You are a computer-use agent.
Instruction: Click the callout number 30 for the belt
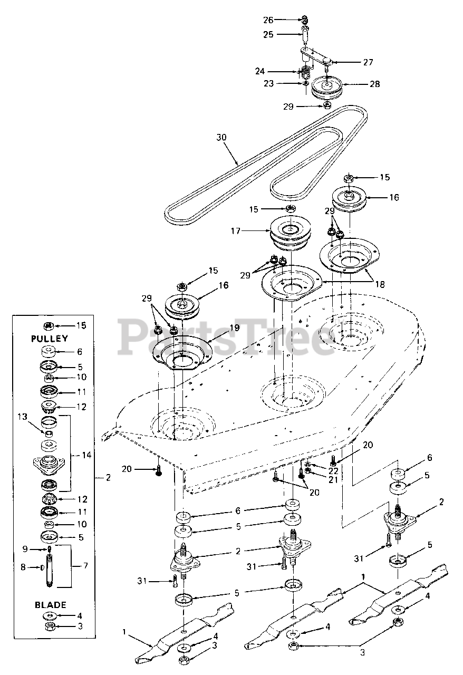coord(221,138)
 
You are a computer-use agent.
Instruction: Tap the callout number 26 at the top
coord(268,20)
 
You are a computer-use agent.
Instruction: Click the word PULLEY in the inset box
coord(50,339)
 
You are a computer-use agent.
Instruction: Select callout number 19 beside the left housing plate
coord(235,328)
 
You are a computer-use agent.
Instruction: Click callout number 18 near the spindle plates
coord(380,284)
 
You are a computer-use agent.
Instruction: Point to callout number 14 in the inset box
coord(86,455)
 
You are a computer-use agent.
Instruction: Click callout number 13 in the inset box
coord(23,417)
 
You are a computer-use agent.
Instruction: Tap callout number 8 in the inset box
coord(23,567)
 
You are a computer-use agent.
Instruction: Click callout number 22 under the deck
coord(333,471)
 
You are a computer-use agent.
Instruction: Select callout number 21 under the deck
coord(333,479)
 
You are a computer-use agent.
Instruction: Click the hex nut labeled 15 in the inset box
coord(48,325)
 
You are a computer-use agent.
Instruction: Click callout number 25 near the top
coord(268,34)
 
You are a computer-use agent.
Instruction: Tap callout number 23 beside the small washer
coord(268,83)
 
